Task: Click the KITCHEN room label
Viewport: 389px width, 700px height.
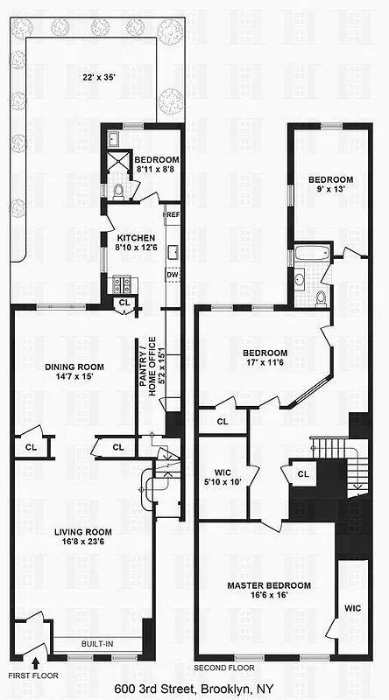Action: [x=135, y=238]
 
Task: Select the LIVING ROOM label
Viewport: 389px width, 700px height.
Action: [x=83, y=532]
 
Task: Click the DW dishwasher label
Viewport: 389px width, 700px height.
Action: [x=173, y=275]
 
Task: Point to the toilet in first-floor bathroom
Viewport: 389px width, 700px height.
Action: [x=120, y=190]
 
